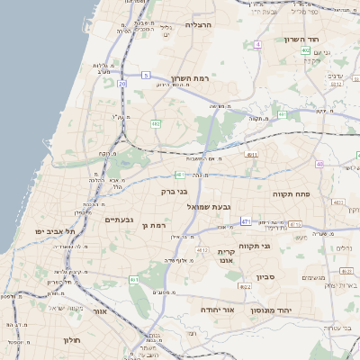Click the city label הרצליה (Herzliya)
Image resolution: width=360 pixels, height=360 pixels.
coord(197,25)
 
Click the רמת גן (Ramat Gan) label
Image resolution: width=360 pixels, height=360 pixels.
coord(156,224)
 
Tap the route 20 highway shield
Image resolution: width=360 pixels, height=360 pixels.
coord(121,83)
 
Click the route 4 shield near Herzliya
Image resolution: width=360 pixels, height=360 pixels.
coord(258,43)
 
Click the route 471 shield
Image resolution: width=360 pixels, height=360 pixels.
coord(246,221)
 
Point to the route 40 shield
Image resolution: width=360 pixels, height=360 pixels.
coord(319,164)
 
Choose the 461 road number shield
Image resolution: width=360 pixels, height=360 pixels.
coord(134,281)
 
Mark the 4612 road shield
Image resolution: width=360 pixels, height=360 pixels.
coord(202,250)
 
